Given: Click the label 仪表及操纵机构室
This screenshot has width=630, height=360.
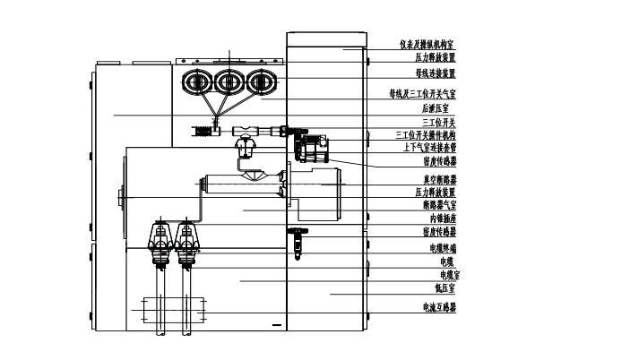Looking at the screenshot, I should [x=427, y=43].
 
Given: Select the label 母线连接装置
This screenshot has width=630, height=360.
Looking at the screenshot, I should [x=435, y=73].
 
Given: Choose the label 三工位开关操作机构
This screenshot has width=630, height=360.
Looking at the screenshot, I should [x=426, y=135].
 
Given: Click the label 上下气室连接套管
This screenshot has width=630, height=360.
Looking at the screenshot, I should [x=429, y=147].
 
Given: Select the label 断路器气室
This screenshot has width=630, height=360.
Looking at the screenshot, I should [x=438, y=205].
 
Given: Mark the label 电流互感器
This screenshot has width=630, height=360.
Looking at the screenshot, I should [x=439, y=307].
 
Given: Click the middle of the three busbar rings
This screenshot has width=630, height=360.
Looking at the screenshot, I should [x=229, y=82].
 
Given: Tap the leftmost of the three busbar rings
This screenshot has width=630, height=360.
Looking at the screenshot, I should [x=197, y=82].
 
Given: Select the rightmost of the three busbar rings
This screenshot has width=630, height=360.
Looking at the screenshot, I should [x=262, y=82].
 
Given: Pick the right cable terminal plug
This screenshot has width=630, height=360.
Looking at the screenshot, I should [x=186, y=244].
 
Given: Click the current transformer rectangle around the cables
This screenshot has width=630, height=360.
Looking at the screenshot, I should [x=172, y=309].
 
